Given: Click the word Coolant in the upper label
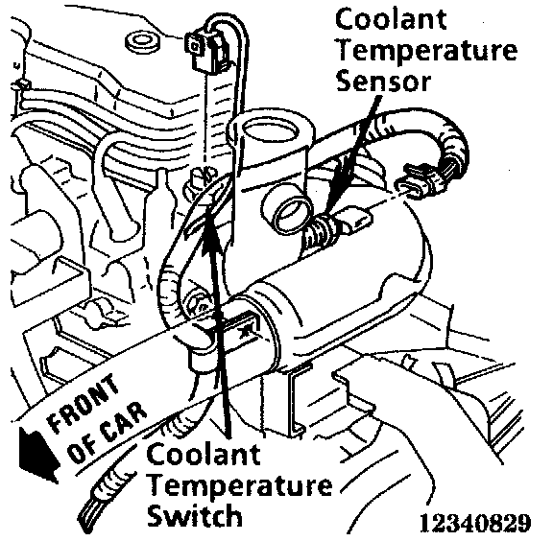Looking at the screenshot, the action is pos(391,19).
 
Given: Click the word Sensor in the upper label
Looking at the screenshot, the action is pos(383,82).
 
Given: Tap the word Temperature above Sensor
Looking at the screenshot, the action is pos(426,52).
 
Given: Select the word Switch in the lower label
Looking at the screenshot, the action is pos(195,515).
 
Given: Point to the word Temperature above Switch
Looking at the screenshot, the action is pos(240,485).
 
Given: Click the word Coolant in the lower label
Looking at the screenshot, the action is pos(204,454).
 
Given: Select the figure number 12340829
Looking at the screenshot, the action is pos(475,523).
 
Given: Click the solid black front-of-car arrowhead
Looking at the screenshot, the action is pos(37,453).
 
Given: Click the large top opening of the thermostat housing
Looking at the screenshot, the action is pos(271,133).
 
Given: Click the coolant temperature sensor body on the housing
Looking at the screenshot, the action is pos(339,225).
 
